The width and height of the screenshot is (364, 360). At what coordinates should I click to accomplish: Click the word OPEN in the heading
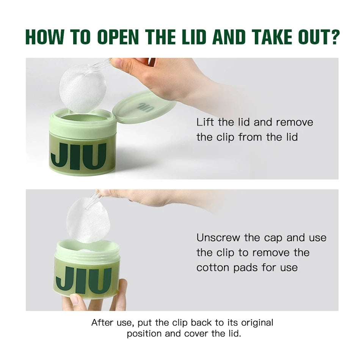point(118,37)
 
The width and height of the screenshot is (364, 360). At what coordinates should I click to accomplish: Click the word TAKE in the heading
point(271,37)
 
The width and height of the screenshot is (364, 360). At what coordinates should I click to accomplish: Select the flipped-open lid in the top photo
point(144,107)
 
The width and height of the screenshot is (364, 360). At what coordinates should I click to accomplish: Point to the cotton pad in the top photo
point(83,89)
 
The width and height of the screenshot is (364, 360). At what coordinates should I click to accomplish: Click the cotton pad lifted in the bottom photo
point(88,220)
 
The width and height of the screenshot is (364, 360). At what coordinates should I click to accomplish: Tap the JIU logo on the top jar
point(78,156)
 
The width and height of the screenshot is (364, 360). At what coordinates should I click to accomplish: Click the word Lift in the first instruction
point(205,122)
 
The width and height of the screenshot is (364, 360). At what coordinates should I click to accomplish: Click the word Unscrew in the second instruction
point(218,237)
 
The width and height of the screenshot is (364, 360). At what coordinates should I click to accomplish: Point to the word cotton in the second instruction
point(212,267)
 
